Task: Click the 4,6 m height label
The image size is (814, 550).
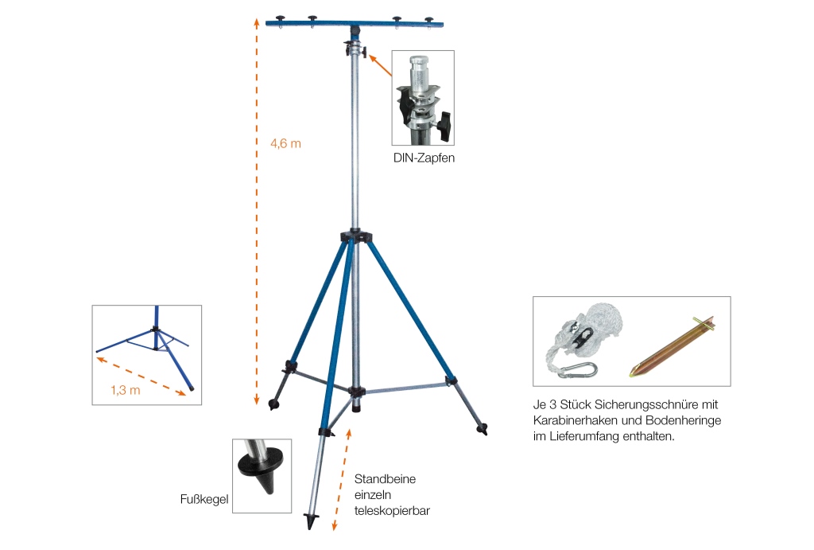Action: coord(285,143)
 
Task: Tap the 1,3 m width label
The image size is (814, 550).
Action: coord(125,390)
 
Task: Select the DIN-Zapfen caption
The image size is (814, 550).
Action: coord(424,158)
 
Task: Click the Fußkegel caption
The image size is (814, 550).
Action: coord(204,500)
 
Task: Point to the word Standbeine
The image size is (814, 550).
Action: coord(385,479)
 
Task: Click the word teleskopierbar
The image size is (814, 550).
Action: coord(392,511)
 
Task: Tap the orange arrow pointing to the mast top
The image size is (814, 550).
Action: coord(380,65)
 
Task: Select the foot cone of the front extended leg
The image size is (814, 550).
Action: coord(311,521)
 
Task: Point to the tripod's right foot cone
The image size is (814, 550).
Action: coord(483,429)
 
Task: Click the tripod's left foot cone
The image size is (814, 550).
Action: coord(273,404)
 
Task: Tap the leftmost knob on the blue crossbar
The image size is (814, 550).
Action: coord(281,20)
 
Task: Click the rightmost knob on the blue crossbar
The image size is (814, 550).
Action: coord(428,20)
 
